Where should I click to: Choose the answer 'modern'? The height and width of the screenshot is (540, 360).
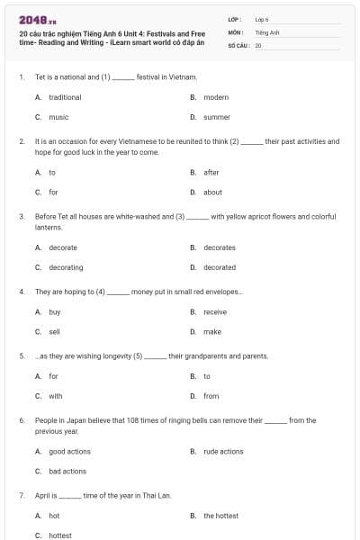(216, 97)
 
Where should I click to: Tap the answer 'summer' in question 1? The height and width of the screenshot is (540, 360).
(217, 117)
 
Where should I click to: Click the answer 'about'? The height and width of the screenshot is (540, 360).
(212, 192)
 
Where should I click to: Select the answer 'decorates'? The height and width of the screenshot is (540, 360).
(220, 247)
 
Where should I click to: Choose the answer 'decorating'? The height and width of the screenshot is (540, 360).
(66, 267)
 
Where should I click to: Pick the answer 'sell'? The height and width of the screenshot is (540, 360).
(54, 331)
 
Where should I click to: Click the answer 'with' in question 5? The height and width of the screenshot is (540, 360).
(56, 396)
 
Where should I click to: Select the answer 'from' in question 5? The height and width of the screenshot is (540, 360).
(211, 396)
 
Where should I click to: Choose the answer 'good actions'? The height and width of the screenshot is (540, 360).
(69, 452)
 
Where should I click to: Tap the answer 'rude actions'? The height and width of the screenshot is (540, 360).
(223, 452)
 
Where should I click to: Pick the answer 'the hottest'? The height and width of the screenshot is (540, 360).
(220, 516)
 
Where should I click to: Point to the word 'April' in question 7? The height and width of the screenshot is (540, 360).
(43, 496)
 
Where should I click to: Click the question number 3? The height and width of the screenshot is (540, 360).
(21, 217)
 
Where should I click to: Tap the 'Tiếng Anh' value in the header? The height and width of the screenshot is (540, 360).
(267, 31)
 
